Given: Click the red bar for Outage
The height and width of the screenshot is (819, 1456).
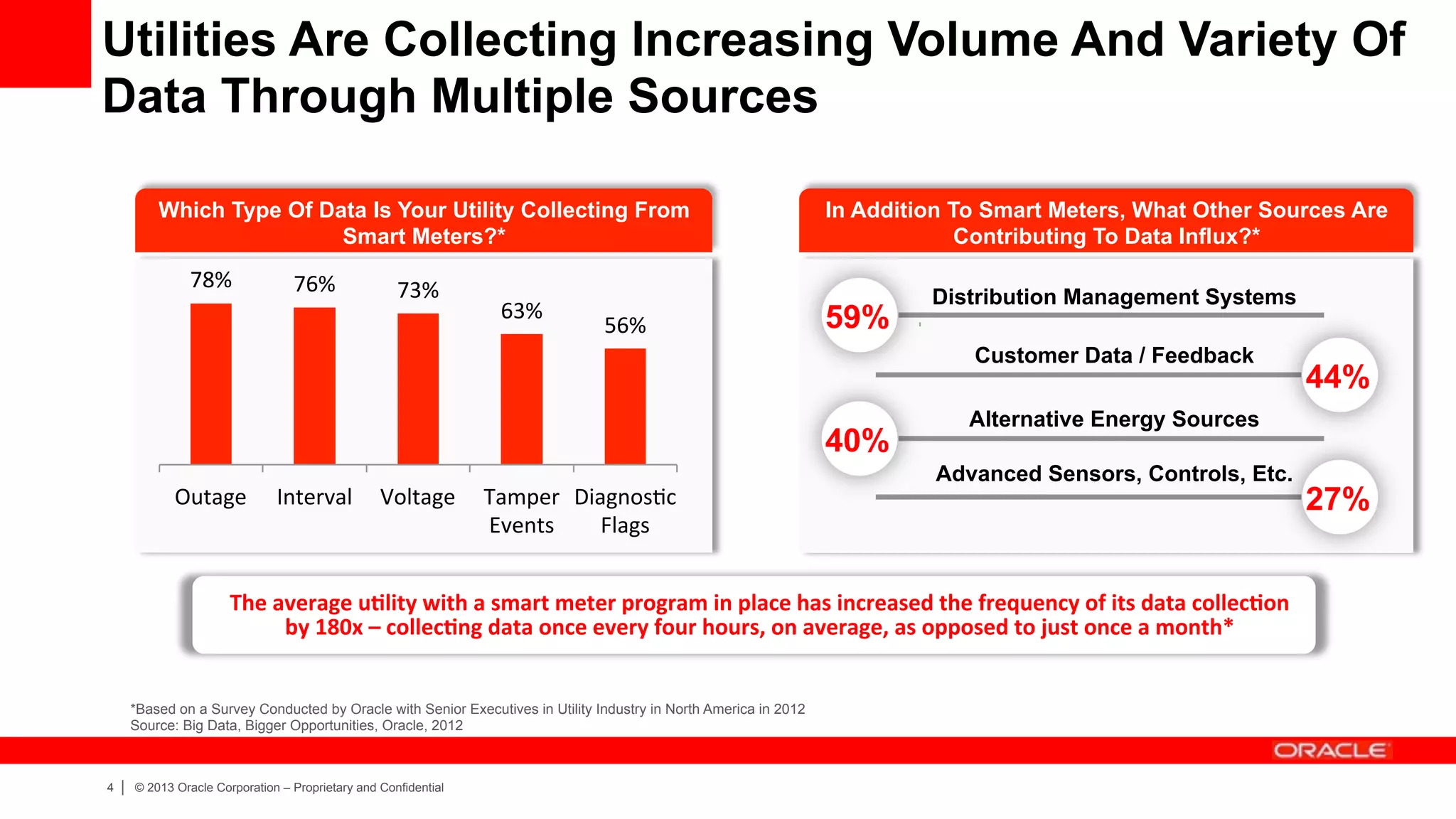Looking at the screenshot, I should point(210,384).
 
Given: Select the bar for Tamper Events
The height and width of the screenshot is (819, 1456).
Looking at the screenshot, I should point(521,399).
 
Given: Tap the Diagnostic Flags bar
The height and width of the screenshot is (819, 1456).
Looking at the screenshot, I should point(625,406).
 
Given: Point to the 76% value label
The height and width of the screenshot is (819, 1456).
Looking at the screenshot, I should point(314,284).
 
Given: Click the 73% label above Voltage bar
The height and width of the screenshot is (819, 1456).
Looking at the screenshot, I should point(417,290).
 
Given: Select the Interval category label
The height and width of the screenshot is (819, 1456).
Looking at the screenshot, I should point(314,497).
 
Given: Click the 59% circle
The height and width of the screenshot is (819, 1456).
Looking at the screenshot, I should point(857,316).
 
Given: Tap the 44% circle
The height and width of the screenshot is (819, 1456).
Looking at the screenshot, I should point(1337,376).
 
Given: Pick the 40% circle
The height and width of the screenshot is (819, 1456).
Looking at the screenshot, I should point(857,439).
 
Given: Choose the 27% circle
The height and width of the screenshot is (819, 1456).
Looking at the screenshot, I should point(1337,498).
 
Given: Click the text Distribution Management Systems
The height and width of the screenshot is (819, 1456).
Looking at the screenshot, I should point(1113,296).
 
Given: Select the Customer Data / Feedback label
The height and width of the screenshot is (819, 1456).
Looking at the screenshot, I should point(1113,355).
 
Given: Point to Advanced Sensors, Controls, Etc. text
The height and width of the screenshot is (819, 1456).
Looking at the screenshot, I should point(1113,473).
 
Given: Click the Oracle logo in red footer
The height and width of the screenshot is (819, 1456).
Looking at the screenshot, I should point(1329,751).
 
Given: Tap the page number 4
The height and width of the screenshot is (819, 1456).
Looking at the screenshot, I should point(110,788).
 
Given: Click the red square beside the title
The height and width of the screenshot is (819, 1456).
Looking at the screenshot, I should point(45,43).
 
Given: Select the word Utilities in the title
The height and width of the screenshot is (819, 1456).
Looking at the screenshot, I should point(189,39).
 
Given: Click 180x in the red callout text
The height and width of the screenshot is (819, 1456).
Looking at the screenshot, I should point(338,628).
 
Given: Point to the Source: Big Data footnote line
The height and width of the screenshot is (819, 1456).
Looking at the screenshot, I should point(296,726).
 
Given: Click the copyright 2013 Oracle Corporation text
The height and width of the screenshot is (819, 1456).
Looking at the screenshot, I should point(289,788).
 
